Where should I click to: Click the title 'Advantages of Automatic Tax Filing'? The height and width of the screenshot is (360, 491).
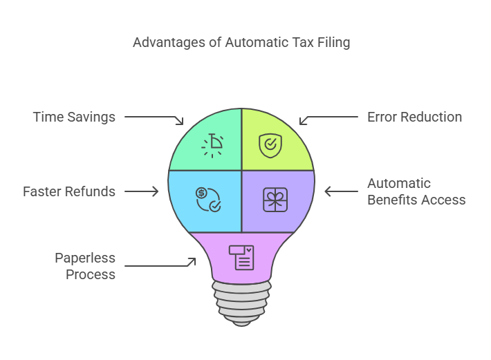point(241,43)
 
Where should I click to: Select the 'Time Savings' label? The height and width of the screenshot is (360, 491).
point(74,117)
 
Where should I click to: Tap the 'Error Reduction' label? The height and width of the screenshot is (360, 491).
point(414,117)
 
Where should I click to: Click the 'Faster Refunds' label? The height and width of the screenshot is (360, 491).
point(69,191)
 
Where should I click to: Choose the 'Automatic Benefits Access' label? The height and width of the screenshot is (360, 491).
point(416,191)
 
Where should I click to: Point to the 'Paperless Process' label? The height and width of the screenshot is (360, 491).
point(85,266)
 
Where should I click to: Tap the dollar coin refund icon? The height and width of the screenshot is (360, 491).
point(208,199)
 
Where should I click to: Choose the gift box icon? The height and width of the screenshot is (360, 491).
point(275,199)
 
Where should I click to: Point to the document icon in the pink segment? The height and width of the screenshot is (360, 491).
point(241,257)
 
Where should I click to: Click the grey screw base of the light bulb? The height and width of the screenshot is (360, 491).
point(241,303)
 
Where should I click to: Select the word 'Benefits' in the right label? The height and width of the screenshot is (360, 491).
point(392,200)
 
